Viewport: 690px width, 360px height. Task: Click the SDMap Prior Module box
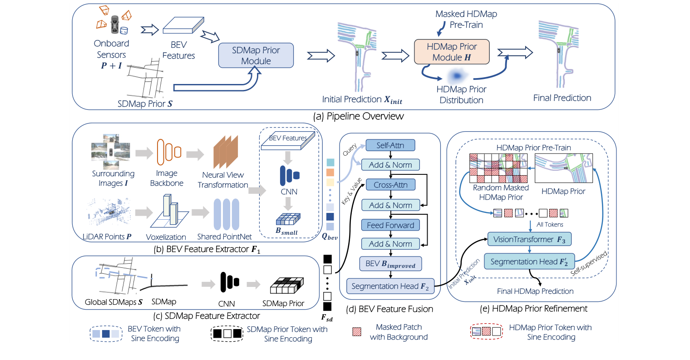coord(256,55)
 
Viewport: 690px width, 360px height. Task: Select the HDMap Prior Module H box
coord(452,52)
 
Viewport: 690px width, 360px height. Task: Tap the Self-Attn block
coord(390,145)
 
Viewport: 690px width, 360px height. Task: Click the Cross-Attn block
coord(390,185)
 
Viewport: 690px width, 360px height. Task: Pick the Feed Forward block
coord(390,225)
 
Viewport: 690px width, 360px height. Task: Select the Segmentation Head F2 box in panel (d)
coord(390,286)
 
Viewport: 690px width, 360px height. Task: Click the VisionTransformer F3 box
coord(529,239)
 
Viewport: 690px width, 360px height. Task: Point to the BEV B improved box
coord(390,264)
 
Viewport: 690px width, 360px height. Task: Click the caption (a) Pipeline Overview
coord(358,116)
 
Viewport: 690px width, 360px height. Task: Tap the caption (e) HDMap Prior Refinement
coord(533,309)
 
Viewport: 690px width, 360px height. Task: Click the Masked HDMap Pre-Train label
coord(466,19)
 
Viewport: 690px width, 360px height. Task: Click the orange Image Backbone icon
coord(168,152)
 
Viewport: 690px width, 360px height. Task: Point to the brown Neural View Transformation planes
coord(226,153)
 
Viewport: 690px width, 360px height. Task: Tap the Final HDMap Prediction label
coord(535,291)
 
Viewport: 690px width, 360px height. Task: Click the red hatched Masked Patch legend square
coord(357,332)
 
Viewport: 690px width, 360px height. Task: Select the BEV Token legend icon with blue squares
coord(106,334)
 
